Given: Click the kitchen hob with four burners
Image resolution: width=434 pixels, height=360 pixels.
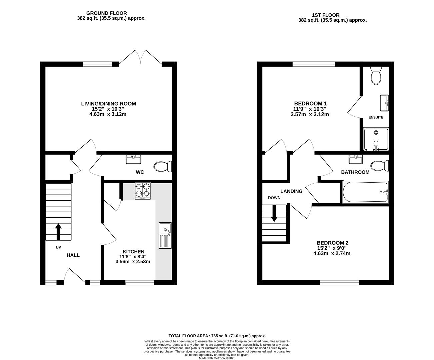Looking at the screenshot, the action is pyautogui.click(x=143, y=191).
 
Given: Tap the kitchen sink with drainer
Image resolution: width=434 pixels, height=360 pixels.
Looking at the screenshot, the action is pyautogui.click(x=165, y=235).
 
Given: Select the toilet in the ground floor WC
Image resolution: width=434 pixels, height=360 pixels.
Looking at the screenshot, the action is pyautogui.click(x=163, y=166).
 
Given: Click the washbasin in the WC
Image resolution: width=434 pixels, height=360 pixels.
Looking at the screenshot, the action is pyautogui.click(x=133, y=159).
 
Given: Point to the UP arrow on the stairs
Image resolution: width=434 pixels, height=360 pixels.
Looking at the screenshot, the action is pyautogui.click(x=58, y=232).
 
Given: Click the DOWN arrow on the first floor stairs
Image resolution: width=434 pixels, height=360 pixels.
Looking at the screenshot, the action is pyautogui.click(x=274, y=213).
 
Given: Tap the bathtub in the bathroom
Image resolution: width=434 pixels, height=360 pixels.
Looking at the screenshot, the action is pyautogui.click(x=365, y=192).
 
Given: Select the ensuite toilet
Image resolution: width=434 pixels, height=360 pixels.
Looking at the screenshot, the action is pyautogui.click(x=376, y=76).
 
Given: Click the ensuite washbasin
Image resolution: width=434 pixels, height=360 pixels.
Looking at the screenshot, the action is pyautogui.click(x=384, y=103).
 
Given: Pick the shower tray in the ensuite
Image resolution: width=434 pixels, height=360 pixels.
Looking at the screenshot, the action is pyautogui.click(x=376, y=139).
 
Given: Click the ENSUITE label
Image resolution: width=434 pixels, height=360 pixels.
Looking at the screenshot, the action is pyautogui.click(x=376, y=117).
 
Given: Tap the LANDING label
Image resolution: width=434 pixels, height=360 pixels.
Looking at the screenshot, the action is pyautogui.click(x=291, y=191).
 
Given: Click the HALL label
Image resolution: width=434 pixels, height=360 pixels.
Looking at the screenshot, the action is pyautogui.click(x=73, y=255).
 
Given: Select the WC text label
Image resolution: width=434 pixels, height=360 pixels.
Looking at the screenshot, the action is pyautogui.click(x=140, y=172).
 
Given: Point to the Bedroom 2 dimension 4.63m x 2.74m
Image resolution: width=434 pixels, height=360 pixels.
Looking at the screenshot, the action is pyautogui.click(x=332, y=253).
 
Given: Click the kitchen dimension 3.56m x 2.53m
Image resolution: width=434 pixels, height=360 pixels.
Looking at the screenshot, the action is pyautogui.click(x=133, y=261).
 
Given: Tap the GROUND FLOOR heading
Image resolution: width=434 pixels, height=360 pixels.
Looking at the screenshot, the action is pyautogui.click(x=107, y=13).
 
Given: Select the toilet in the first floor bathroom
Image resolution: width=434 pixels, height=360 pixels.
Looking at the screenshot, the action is pyautogui.click(x=380, y=166).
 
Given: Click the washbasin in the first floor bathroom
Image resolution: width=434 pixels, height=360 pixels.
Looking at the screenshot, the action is pyautogui.click(x=356, y=159).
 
